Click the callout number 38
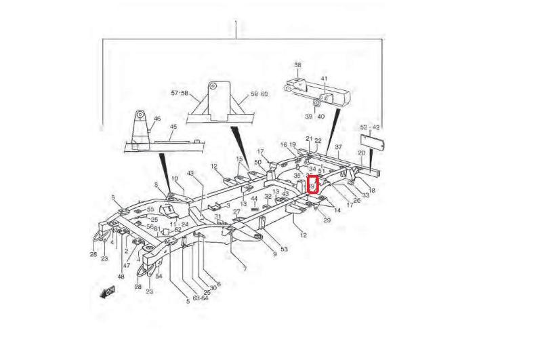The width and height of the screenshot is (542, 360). pyautogui.click(x=297, y=66)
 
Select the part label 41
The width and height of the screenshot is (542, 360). pyautogui.click(x=325, y=79)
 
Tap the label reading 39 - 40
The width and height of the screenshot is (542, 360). pyautogui.click(x=314, y=116)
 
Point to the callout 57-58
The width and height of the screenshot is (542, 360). pyautogui.click(x=180, y=93)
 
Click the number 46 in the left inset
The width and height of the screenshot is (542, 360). pyautogui.click(x=157, y=119)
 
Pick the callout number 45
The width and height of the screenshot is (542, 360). pyautogui.click(x=173, y=127)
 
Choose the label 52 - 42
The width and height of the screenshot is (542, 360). pyautogui.click(x=370, y=127)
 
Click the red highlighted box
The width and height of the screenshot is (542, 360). pyautogui.click(x=313, y=184)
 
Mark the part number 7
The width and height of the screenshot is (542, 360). pyautogui.click(x=245, y=269)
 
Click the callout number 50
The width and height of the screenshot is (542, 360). pyautogui.click(x=258, y=163)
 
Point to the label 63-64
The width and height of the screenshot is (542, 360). pyautogui.click(x=200, y=298)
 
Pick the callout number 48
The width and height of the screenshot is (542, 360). pyautogui.click(x=121, y=277)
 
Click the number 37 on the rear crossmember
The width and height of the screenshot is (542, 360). pyautogui.click(x=338, y=146)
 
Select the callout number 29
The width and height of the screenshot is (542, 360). pyautogui.click(x=327, y=220)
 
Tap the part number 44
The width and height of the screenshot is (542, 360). pyautogui.click(x=254, y=198)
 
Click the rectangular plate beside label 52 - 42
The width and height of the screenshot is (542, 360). pyautogui.click(x=372, y=139)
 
